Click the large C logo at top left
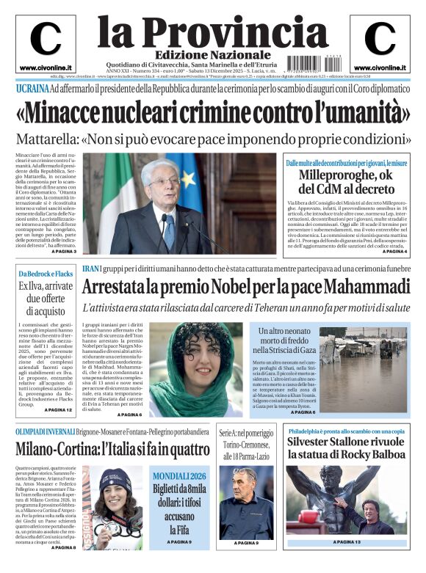click(x=46, y=39)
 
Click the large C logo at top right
click(x=380, y=39)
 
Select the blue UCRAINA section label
click(x=32, y=90)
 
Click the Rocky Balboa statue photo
click(x=345, y=502)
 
